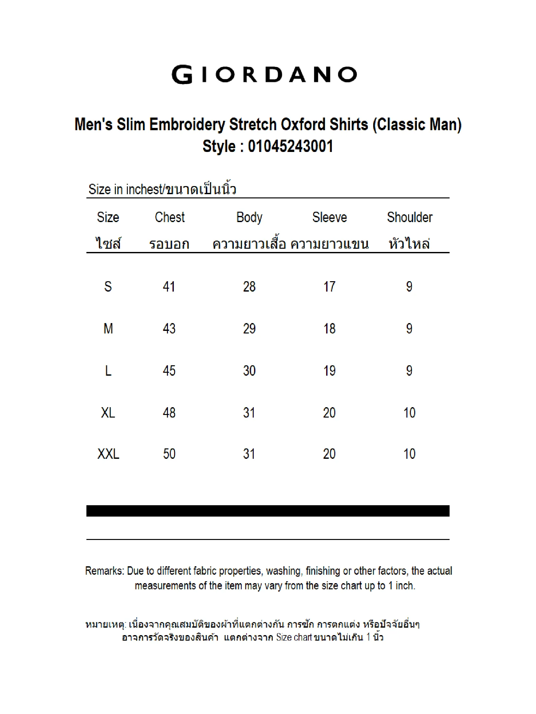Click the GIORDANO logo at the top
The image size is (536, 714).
coord(264,75)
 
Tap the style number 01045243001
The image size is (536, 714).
coord(290,146)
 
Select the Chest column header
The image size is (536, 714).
coord(170,218)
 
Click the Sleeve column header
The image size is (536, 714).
coord(329,218)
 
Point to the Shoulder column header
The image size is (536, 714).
coord(410,218)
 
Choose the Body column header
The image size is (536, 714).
coord(249,218)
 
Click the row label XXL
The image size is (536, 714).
coord(108,454)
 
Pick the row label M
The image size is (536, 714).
coord(108,329)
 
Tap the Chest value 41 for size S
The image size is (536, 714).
coord(169,287)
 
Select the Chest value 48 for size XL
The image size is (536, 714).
coord(169,413)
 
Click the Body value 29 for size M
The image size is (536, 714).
coord(249,329)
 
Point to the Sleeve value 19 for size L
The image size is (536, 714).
coord(329,371)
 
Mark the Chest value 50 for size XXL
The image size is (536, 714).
coord(169,454)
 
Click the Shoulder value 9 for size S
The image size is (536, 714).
coord(409,287)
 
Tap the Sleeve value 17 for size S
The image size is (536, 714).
coord(329,287)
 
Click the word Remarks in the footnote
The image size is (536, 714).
coord(104,571)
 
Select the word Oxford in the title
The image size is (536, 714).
coord(303,125)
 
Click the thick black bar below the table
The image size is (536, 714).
coord(268,511)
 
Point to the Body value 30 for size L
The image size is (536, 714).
coord(249,371)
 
